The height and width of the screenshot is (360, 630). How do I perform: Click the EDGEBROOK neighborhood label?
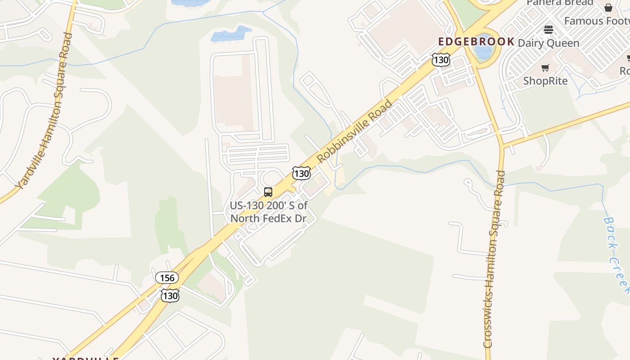(477, 42)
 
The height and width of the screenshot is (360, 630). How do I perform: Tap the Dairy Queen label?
(549, 43)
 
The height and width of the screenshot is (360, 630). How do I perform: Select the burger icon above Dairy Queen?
(548, 30)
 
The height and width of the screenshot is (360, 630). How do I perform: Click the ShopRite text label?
(545, 81)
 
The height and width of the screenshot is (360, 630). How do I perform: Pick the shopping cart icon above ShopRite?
(545, 68)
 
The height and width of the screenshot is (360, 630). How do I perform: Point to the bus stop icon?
(268, 192)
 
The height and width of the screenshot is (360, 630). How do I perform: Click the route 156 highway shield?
(167, 278)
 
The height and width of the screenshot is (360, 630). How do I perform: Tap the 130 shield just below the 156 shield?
(170, 295)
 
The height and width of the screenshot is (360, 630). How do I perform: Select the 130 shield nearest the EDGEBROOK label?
(441, 59)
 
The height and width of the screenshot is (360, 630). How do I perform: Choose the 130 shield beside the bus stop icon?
(301, 173)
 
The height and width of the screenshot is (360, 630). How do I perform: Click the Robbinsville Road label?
(355, 131)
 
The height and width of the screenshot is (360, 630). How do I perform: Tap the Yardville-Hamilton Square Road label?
(44, 110)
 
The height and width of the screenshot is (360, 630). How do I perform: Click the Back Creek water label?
(616, 255)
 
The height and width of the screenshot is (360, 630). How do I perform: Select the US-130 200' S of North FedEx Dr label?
(269, 212)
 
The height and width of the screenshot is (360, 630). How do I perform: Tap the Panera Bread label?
(560, 3)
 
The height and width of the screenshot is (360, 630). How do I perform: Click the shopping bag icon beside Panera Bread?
(608, 7)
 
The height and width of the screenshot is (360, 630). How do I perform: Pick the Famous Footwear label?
(597, 21)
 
